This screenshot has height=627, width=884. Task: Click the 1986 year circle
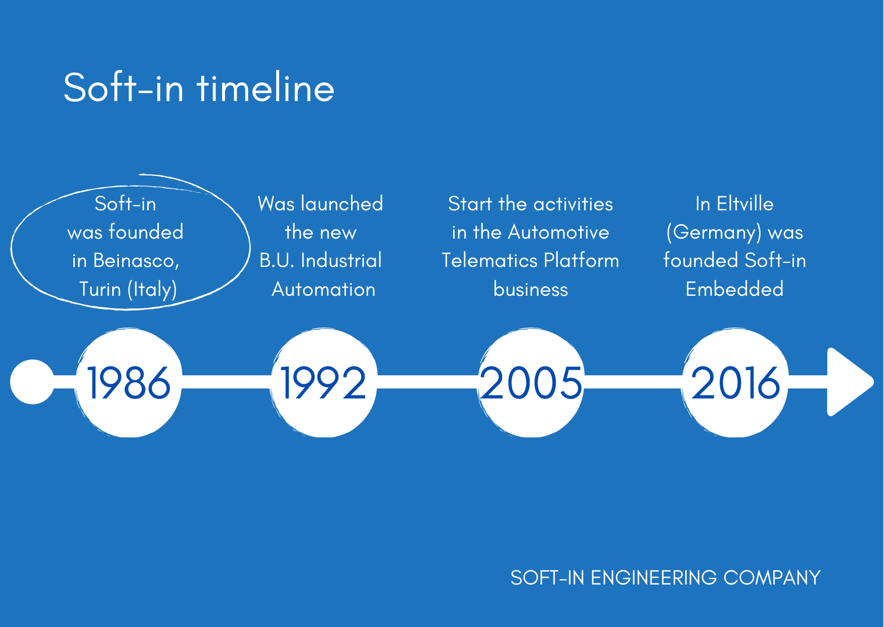pyautogui.click(x=128, y=383)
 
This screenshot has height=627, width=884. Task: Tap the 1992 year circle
pyautogui.click(x=324, y=383)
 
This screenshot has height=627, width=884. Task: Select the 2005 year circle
pyautogui.click(x=531, y=383)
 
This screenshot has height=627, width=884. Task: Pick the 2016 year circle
pyautogui.click(x=735, y=383)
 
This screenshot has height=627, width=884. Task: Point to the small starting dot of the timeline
pyautogui.click(x=32, y=382)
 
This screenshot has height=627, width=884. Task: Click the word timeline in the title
pyautogui.click(x=266, y=88)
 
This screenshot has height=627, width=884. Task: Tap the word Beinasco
pyautogui.click(x=136, y=260)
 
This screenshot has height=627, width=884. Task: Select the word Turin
pyautogui.click(x=100, y=289)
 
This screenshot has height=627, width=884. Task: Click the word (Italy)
pyautogui.click(x=152, y=290)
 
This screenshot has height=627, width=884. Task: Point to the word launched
pyautogui.click(x=342, y=204)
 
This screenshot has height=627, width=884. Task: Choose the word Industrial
pyautogui.click(x=341, y=260)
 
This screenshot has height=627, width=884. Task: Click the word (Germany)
pyautogui.click(x=714, y=233)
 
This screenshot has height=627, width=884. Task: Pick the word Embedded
pyautogui.click(x=735, y=289)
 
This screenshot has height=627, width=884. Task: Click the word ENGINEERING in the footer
pyautogui.click(x=654, y=578)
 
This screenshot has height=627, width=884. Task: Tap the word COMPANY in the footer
pyautogui.click(x=772, y=578)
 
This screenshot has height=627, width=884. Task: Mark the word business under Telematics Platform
pyautogui.click(x=531, y=289)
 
